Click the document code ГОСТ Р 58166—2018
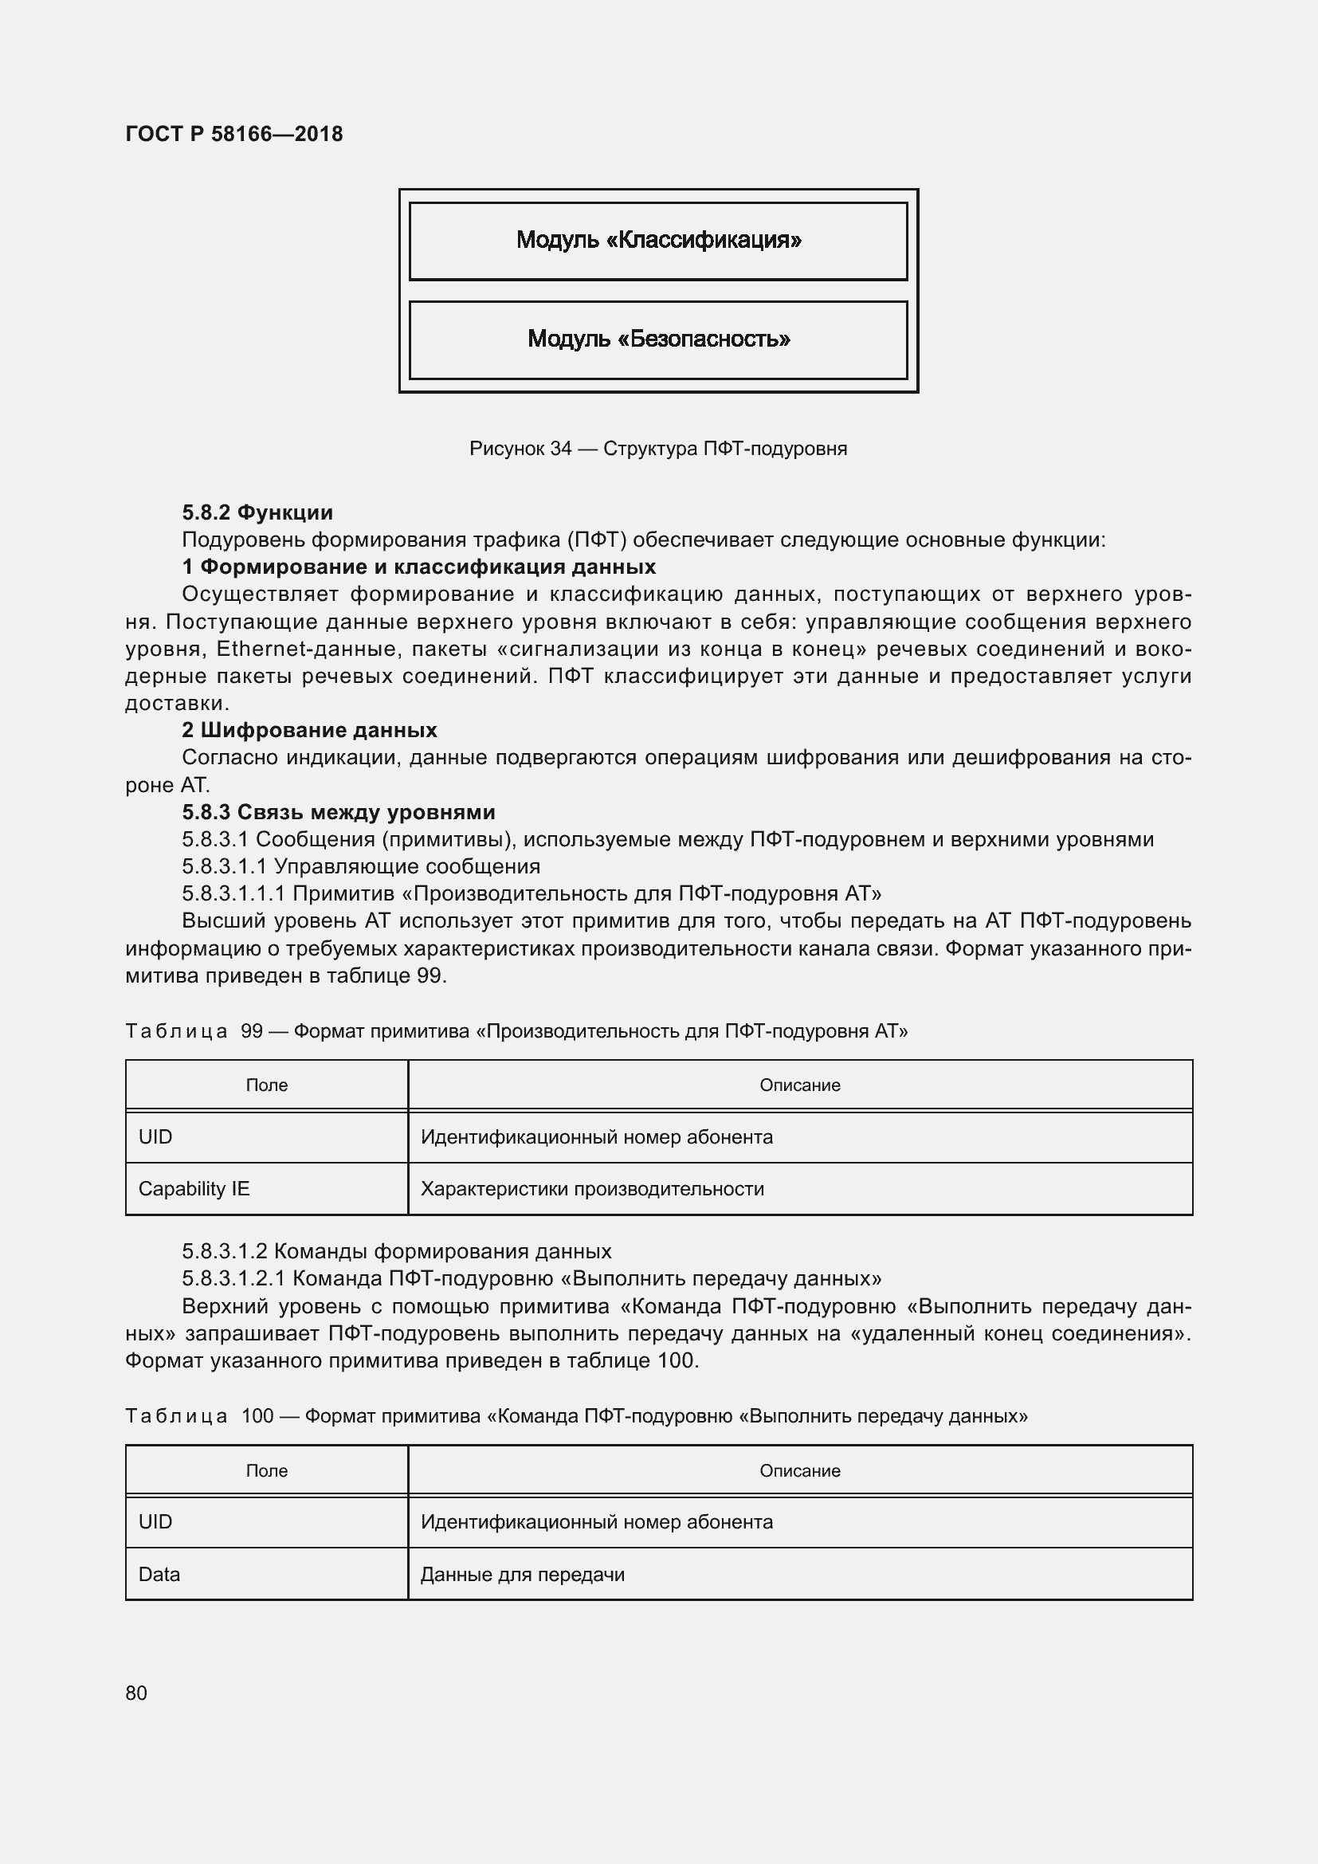tap(233, 134)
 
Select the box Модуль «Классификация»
tap(658, 241)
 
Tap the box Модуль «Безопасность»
tap(658, 339)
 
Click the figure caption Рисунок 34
tap(657, 449)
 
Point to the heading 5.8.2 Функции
tap(257, 512)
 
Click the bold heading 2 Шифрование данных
tap(309, 730)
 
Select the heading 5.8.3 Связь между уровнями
tap(339, 812)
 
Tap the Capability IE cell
tap(194, 1188)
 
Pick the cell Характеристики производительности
tap(591, 1188)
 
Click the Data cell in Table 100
tap(159, 1574)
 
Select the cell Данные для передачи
tap(522, 1574)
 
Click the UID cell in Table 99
tap(156, 1136)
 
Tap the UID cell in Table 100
tap(156, 1521)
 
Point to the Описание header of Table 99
tap(799, 1085)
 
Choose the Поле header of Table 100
tap(266, 1470)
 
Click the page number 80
tap(136, 1693)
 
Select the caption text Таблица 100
tap(199, 1416)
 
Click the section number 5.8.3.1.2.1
tap(233, 1278)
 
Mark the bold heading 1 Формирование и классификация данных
tap(419, 567)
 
